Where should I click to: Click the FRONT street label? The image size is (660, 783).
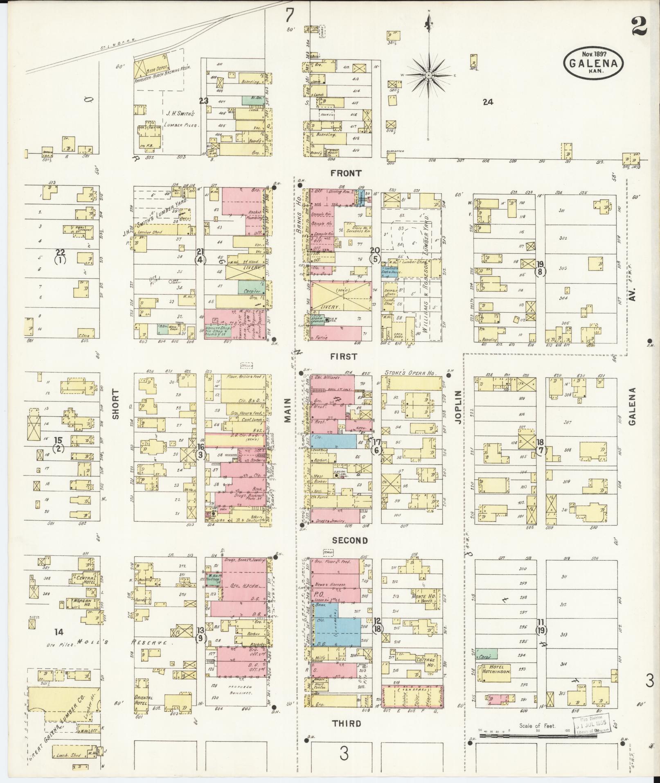coord(347,173)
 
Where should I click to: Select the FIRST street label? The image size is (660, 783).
coord(344,357)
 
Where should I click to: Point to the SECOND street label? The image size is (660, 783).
coord(350,540)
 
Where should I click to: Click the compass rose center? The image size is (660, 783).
coord(428,75)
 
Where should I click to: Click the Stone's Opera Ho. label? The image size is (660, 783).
coord(410,373)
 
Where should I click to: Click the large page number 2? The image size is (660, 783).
coord(639,27)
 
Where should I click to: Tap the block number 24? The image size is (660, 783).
coord(488,102)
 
